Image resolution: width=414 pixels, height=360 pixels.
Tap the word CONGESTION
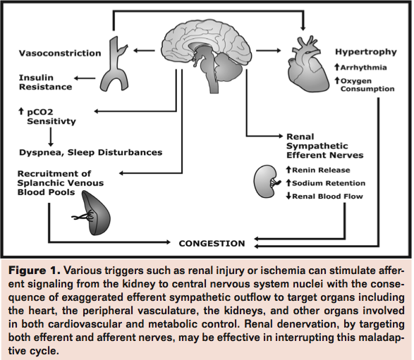click(x=212, y=243)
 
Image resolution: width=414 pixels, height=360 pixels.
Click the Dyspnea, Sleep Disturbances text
click(x=90, y=151)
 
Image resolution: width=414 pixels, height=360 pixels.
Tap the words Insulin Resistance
click(x=45, y=82)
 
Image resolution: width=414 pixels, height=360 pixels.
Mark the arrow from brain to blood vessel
click(x=144, y=50)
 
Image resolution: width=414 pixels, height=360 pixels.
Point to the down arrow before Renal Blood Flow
click(x=288, y=197)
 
